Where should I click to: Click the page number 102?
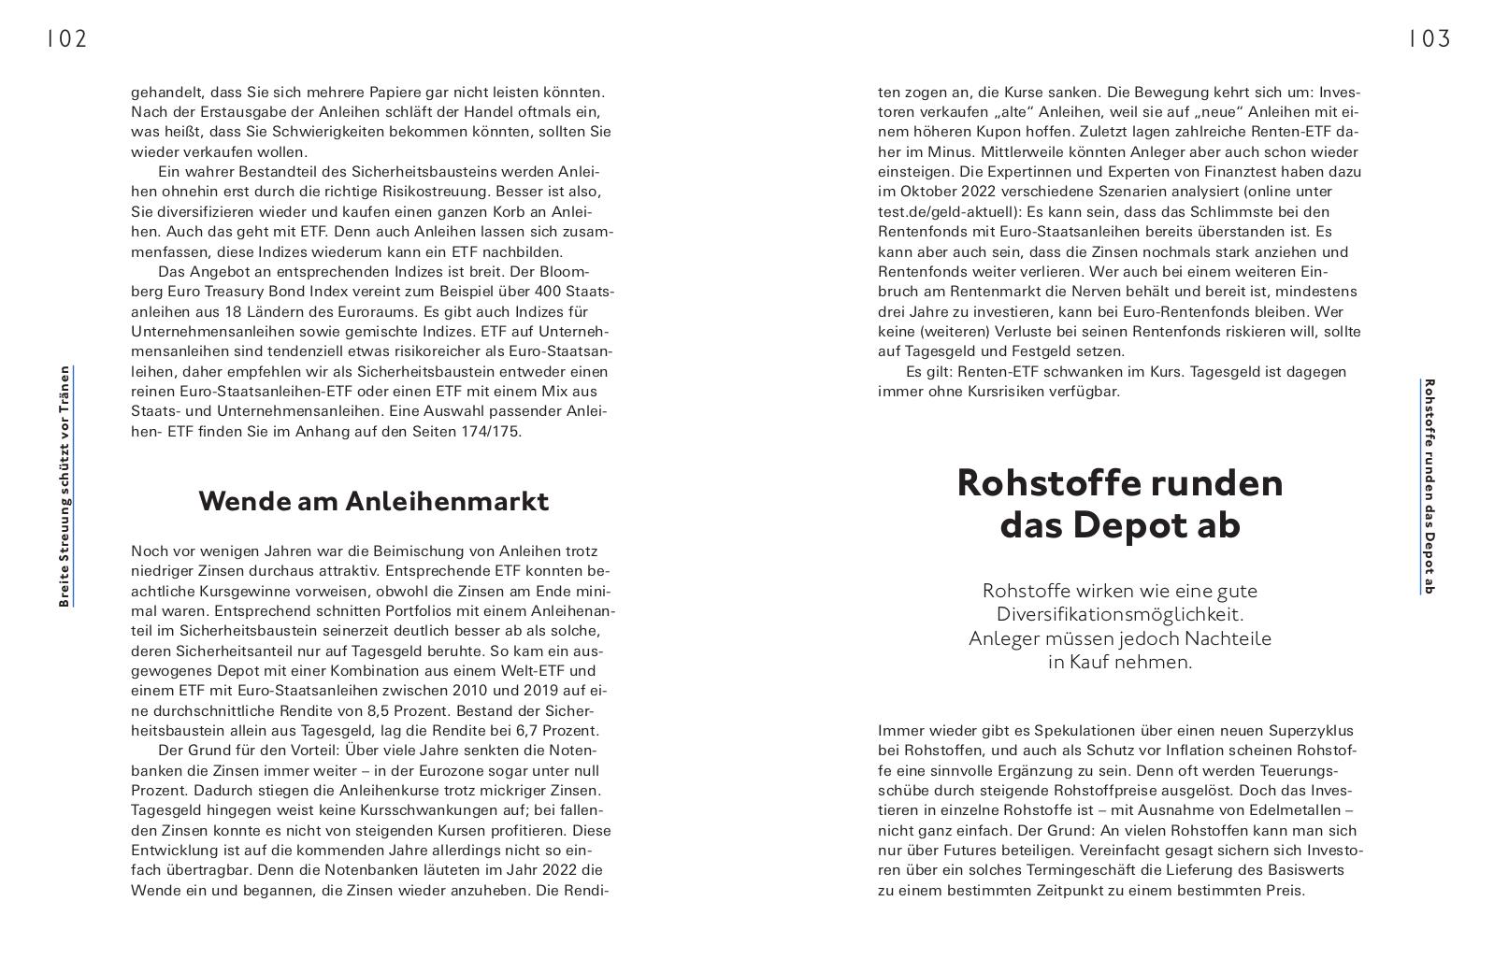[x=66, y=38]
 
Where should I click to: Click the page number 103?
[x=1429, y=38]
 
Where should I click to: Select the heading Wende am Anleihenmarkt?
[x=373, y=501]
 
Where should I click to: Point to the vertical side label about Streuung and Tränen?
[x=65, y=486]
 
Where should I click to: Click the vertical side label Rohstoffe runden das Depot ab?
[x=1428, y=486]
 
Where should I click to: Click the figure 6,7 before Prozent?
[x=532, y=730]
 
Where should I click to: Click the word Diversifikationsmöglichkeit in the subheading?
[x=1119, y=614]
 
